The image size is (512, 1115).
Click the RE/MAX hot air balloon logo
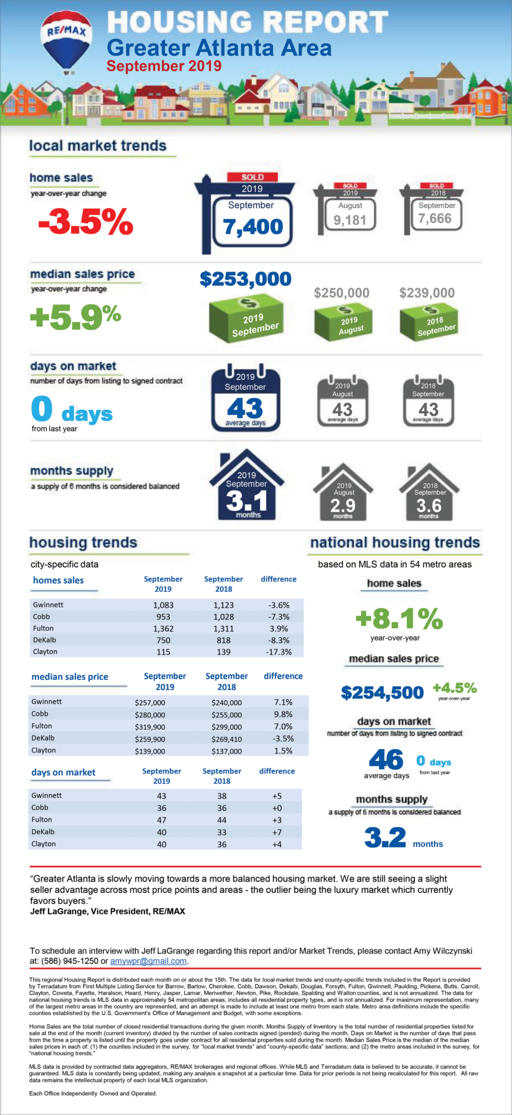[x=66, y=40]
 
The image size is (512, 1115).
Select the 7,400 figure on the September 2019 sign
[x=253, y=226]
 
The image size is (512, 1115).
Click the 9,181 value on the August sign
[x=349, y=220]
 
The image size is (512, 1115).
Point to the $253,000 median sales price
[x=245, y=279]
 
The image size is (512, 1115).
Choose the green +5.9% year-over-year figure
[x=75, y=316]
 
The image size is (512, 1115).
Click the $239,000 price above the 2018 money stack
[x=427, y=293]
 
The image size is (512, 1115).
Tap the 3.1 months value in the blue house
[x=246, y=500]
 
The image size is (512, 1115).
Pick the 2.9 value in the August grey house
[x=343, y=505]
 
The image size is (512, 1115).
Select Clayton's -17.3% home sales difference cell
[x=279, y=652]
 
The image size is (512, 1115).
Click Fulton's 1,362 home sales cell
[x=163, y=628]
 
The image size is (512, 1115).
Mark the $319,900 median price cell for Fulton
[x=150, y=727]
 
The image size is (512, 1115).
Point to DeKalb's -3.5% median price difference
[x=283, y=739]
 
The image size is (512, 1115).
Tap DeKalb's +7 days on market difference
[x=276, y=832]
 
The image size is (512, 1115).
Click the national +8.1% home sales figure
[x=399, y=618]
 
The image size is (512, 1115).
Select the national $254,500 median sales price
[x=382, y=693]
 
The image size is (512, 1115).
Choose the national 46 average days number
[x=386, y=759]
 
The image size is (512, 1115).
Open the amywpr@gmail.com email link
[x=149, y=961]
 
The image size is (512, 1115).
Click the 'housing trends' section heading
[x=83, y=542]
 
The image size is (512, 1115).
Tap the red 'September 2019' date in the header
[x=164, y=66]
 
